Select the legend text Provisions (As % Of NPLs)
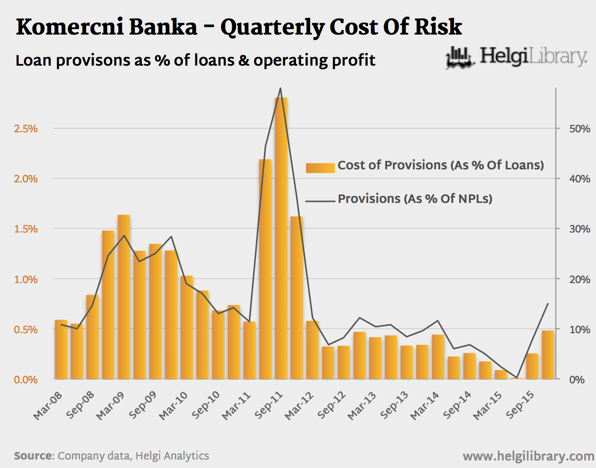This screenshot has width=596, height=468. (x=415, y=199)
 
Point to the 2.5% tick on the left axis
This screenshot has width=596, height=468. (x=26, y=129)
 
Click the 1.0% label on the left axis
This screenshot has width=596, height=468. (x=26, y=280)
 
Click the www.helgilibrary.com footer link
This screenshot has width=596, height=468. (x=528, y=456)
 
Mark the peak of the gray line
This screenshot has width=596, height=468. (x=280, y=88)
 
